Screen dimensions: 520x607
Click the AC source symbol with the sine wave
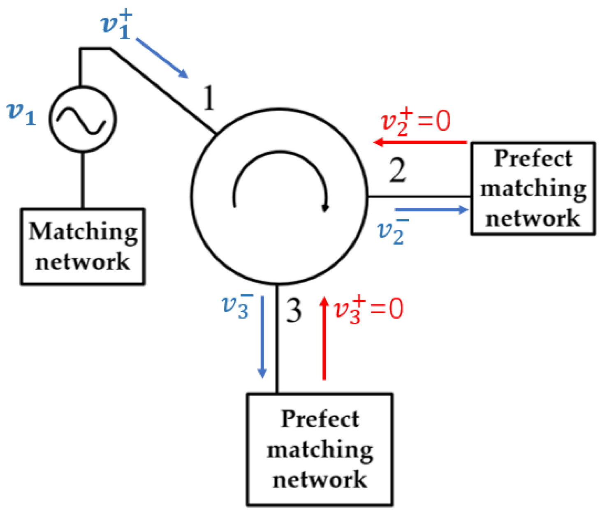(83, 119)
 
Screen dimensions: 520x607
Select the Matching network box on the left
(83, 246)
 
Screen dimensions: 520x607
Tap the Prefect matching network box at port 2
(533, 188)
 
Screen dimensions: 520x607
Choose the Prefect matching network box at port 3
(320, 449)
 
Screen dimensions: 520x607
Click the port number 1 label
(209, 99)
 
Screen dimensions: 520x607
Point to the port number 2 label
(397, 170)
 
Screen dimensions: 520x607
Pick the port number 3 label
(294, 311)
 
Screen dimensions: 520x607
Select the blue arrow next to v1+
(162, 58)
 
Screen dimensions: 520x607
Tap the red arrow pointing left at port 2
(419, 142)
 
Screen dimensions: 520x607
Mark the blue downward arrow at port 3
(262, 337)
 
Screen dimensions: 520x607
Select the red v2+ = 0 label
(415, 121)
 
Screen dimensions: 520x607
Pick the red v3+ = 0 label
(368, 309)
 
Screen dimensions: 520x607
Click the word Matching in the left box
(83, 232)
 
